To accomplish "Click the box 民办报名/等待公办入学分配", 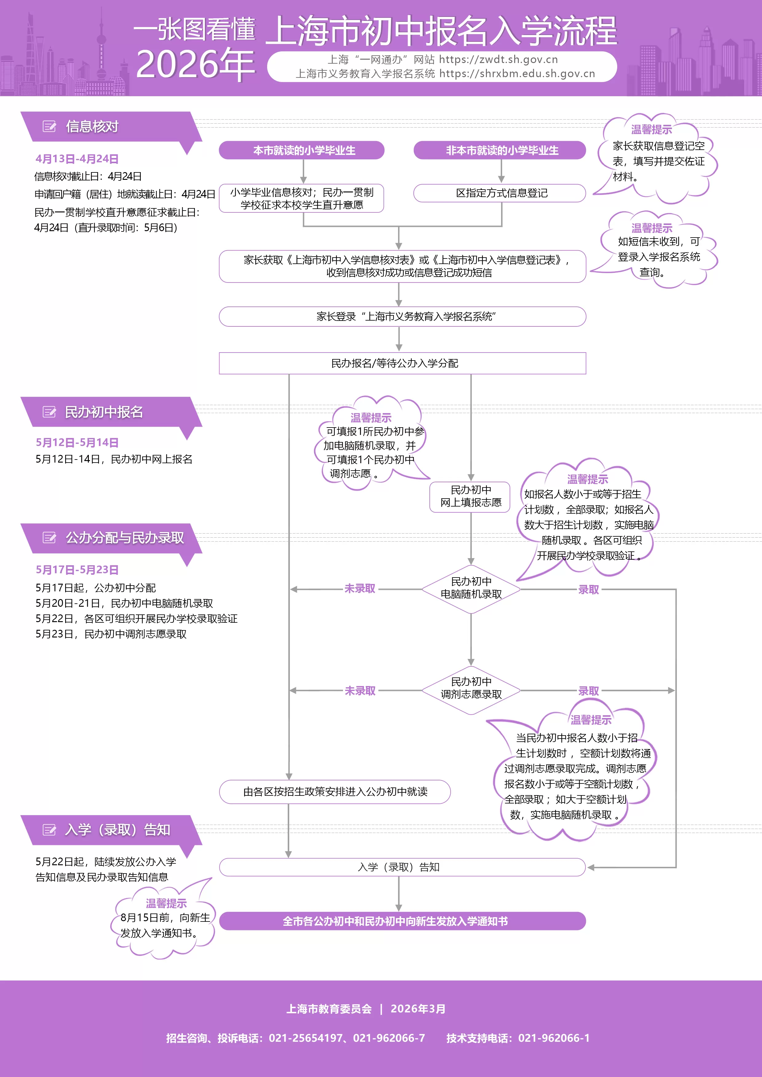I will [402, 363].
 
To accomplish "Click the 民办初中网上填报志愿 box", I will [470, 496].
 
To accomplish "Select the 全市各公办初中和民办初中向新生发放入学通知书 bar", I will [402, 921].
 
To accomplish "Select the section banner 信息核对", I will [92, 127].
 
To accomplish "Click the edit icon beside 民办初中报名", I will [49, 412].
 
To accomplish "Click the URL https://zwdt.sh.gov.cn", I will [498, 60].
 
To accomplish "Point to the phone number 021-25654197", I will [306, 1038].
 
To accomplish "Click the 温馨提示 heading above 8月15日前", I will [166, 903].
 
